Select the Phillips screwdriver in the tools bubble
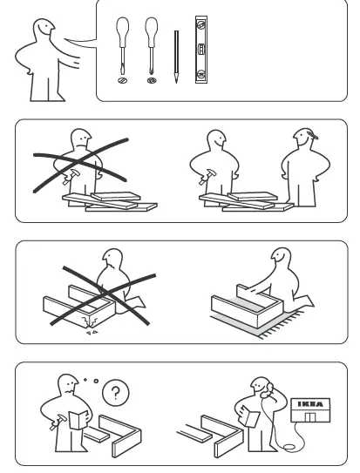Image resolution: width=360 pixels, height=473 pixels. (x=153, y=48)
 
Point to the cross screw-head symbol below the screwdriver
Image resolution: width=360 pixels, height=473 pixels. (x=153, y=82)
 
